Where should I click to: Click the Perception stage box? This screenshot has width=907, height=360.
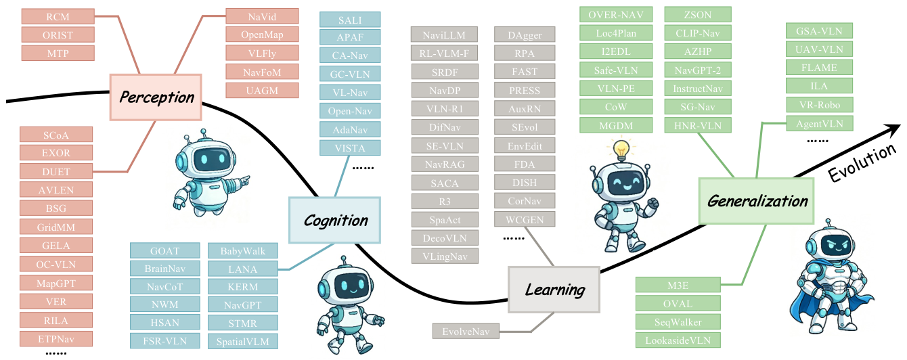pyautogui.click(x=156, y=97)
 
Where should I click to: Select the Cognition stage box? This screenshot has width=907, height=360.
pyautogui.click(x=335, y=221)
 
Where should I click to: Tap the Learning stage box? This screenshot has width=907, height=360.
pyautogui.click(x=554, y=290)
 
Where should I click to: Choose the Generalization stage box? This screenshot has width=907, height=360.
pyautogui.click(x=756, y=201)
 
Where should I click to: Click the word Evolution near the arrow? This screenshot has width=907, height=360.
pyautogui.click(x=862, y=163)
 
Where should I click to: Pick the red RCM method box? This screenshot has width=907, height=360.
pyautogui.click(x=58, y=17)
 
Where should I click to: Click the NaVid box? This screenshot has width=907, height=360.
pyautogui.click(x=263, y=17)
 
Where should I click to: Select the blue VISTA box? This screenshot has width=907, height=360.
pyautogui.click(x=350, y=148)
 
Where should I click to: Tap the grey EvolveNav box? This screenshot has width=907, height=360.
pyautogui.click(x=466, y=332)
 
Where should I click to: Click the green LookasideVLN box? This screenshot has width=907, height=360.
pyautogui.click(x=678, y=340)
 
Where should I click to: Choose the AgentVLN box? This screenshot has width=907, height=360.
pyautogui.click(x=820, y=124)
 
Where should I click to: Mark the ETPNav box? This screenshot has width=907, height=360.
pyautogui.click(x=56, y=338)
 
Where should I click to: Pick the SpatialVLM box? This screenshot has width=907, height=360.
pyautogui.click(x=243, y=341)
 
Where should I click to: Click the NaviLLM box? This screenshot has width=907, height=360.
pyautogui.click(x=444, y=35)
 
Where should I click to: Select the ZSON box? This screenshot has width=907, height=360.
pyautogui.click(x=698, y=15)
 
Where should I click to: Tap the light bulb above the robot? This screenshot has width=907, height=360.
pyautogui.click(x=621, y=150)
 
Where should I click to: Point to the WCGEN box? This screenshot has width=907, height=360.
pyautogui.click(x=525, y=219)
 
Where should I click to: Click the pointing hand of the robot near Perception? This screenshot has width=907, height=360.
pyautogui.click(x=244, y=181)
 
